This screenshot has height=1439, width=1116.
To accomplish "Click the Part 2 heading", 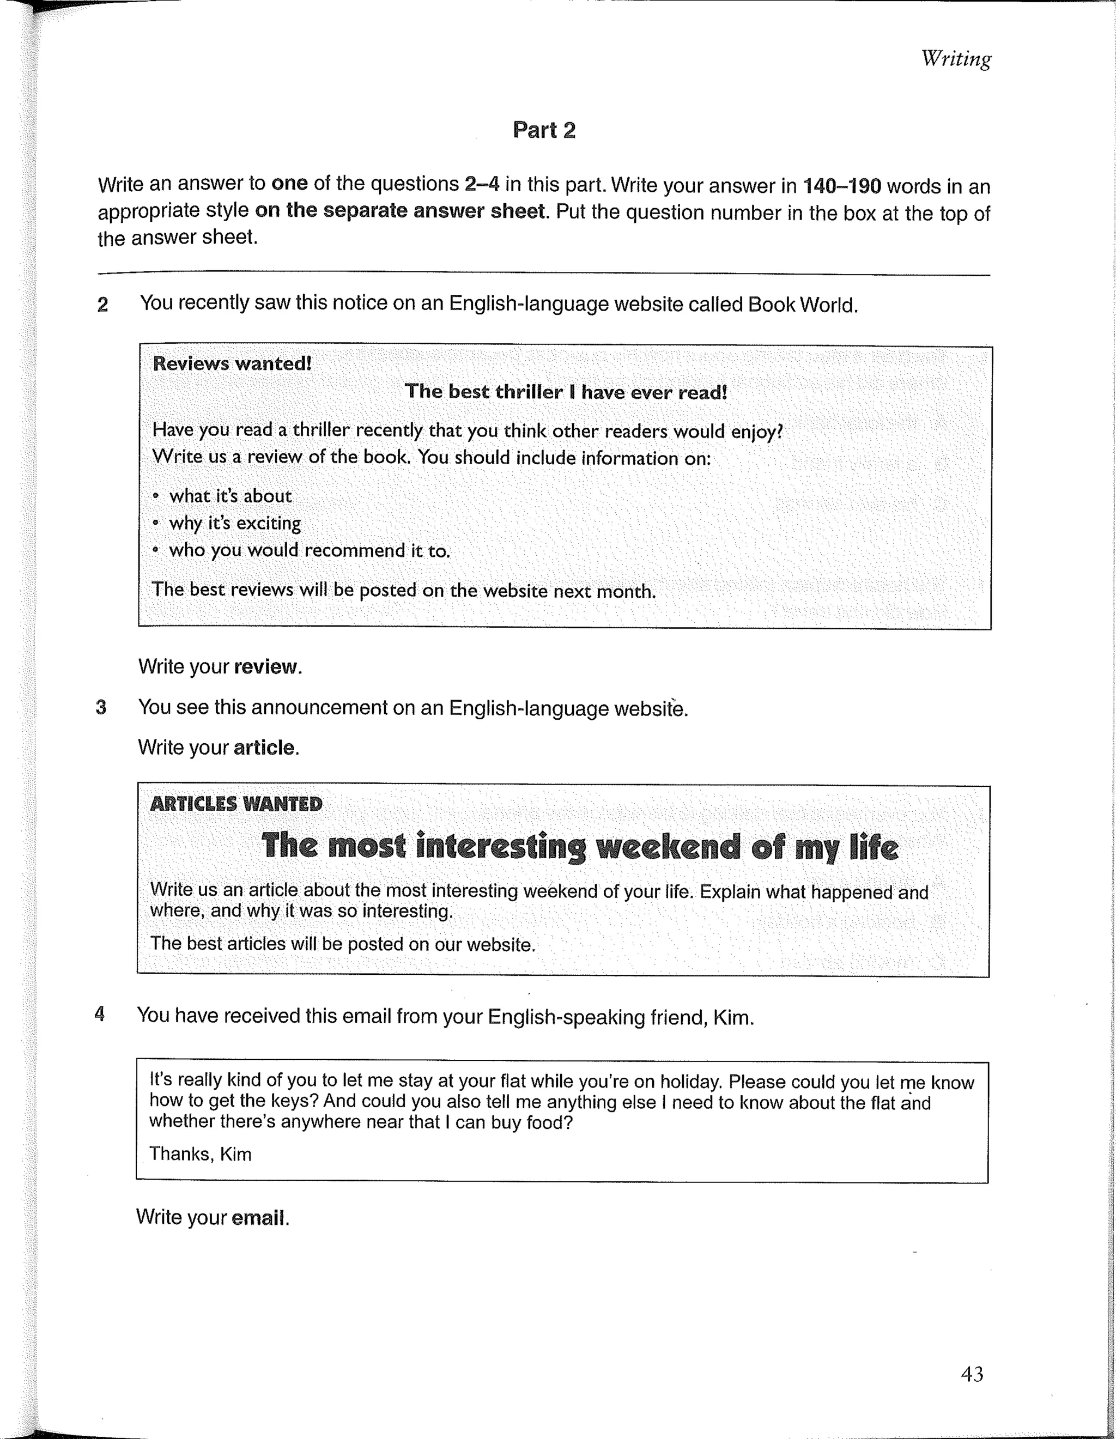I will (544, 130).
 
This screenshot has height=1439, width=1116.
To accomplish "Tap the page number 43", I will (972, 1374).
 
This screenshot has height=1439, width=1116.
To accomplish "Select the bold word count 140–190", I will (841, 186).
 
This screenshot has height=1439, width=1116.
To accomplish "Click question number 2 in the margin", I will (103, 305).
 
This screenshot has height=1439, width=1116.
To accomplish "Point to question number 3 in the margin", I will (101, 708).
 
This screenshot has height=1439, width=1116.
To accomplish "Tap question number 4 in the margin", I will (100, 1014).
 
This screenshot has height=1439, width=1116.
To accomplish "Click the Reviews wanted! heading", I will (232, 364).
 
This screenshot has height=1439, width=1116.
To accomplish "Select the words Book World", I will (801, 305).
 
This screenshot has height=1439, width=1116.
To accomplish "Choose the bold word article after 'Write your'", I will (264, 748).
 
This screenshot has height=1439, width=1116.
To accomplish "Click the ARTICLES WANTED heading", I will (236, 804).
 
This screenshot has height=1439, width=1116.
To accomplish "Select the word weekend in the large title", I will (668, 847).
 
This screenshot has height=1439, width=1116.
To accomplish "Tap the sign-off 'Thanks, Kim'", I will (201, 1153).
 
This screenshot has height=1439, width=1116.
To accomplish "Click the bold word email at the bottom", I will (259, 1218).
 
